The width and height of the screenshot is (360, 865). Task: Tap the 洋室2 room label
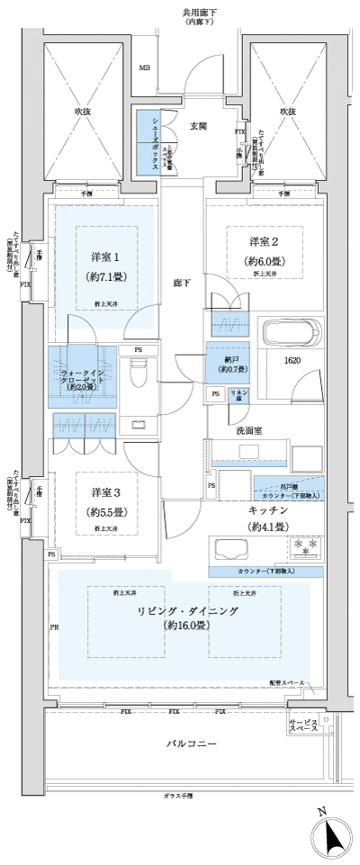click(x=263, y=241)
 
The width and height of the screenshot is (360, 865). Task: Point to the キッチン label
click(x=266, y=510)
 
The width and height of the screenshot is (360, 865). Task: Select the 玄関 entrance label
click(x=199, y=127)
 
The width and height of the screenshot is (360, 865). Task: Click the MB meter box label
click(x=144, y=68)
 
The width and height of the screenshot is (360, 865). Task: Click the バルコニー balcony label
click(x=191, y=745)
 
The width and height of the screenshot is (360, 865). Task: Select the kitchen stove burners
click(x=302, y=546)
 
